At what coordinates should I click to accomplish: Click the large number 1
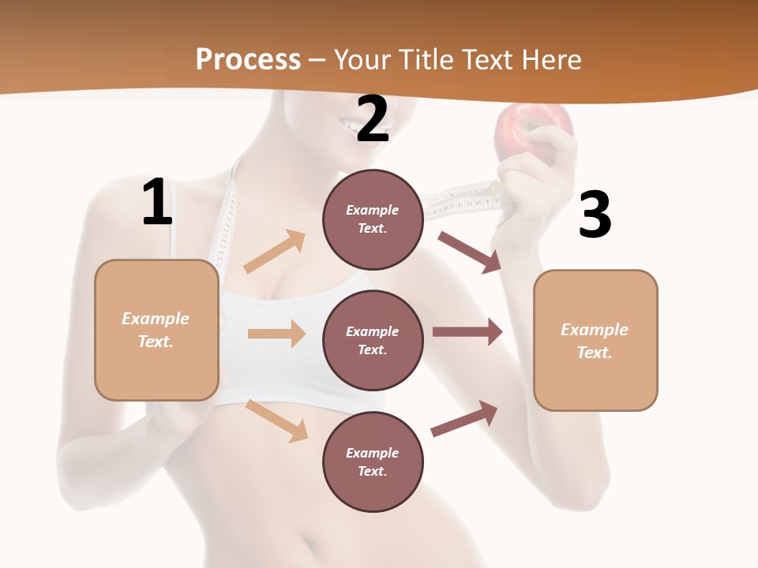click(x=157, y=203)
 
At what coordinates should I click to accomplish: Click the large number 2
click(x=373, y=119)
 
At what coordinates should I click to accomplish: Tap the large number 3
click(x=595, y=215)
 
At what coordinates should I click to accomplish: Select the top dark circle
click(x=373, y=219)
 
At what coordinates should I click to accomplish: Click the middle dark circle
click(x=373, y=340)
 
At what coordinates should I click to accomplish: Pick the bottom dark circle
click(x=373, y=461)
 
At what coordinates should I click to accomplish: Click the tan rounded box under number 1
click(x=156, y=330)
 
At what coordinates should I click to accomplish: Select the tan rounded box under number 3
click(x=595, y=341)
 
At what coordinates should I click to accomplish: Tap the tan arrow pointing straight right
click(x=276, y=334)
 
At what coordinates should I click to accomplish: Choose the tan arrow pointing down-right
click(x=277, y=420)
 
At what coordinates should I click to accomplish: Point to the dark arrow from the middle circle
click(x=467, y=332)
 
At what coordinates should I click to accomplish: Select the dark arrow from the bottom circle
click(x=465, y=418)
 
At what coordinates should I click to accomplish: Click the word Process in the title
click(x=248, y=59)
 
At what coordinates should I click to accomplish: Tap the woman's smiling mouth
click(x=349, y=124)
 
